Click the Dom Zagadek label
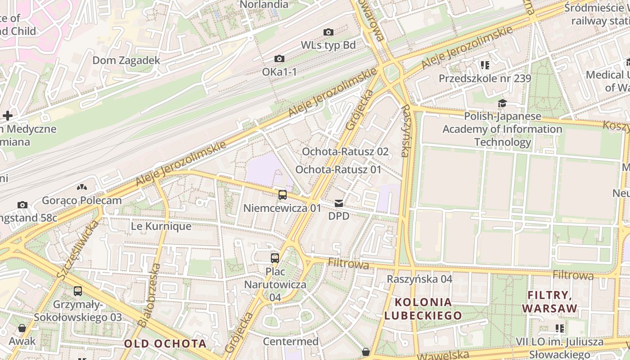point(126,60)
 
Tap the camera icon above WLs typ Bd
point(328,32)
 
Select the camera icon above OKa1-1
point(279,59)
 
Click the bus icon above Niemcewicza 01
point(282,195)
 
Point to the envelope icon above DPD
point(339,204)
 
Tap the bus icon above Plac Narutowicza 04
point(274,258)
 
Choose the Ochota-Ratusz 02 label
point(345,151)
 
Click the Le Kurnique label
point(161,226)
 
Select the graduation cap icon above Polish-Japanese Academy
point(502,103)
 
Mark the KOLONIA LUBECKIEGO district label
point(423,308)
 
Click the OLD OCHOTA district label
point(165,344)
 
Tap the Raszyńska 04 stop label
point(419,279)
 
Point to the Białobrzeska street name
point(149,295)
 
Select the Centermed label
point(290,341)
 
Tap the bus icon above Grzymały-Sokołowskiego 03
point(78,291)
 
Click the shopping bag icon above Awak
point(22,328)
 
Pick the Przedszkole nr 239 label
point(485,78)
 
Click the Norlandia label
point(264,4)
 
